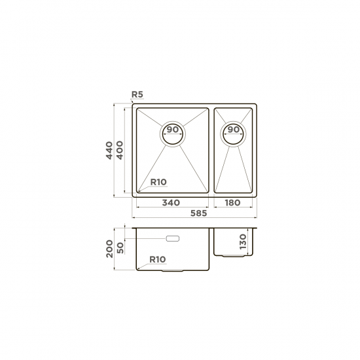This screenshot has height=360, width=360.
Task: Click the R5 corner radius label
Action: pos(137,94)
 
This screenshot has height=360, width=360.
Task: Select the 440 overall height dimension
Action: pos(109,151)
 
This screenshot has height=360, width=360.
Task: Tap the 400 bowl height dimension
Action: pos(120,150)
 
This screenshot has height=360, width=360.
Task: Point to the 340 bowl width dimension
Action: pos(171,203)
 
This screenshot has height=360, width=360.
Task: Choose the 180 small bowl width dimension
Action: pos(232,203)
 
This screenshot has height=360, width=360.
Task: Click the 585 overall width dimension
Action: pos(199,213)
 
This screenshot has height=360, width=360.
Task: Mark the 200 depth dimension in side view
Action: pos(109,249)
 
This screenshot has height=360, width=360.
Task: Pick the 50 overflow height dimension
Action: pos(120,248)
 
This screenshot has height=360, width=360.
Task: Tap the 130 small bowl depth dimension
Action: pos(243,242)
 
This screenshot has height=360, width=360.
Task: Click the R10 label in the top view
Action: pos(158,182)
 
